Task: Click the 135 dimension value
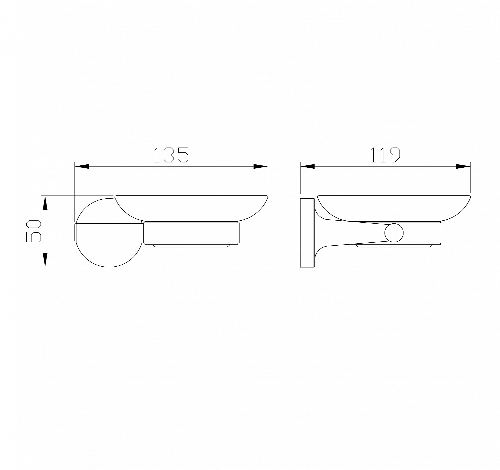point(171,155)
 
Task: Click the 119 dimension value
point(385,155)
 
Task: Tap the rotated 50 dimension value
point(33,231)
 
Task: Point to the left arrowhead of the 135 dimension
point(82,166)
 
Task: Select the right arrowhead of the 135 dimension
point(260,166)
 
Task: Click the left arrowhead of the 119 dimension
point(307,166)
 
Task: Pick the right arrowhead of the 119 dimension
point(463,166)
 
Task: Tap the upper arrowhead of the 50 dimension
point(45,203)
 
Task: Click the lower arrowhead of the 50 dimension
point(45,260)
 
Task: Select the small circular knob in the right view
point(394,233)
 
